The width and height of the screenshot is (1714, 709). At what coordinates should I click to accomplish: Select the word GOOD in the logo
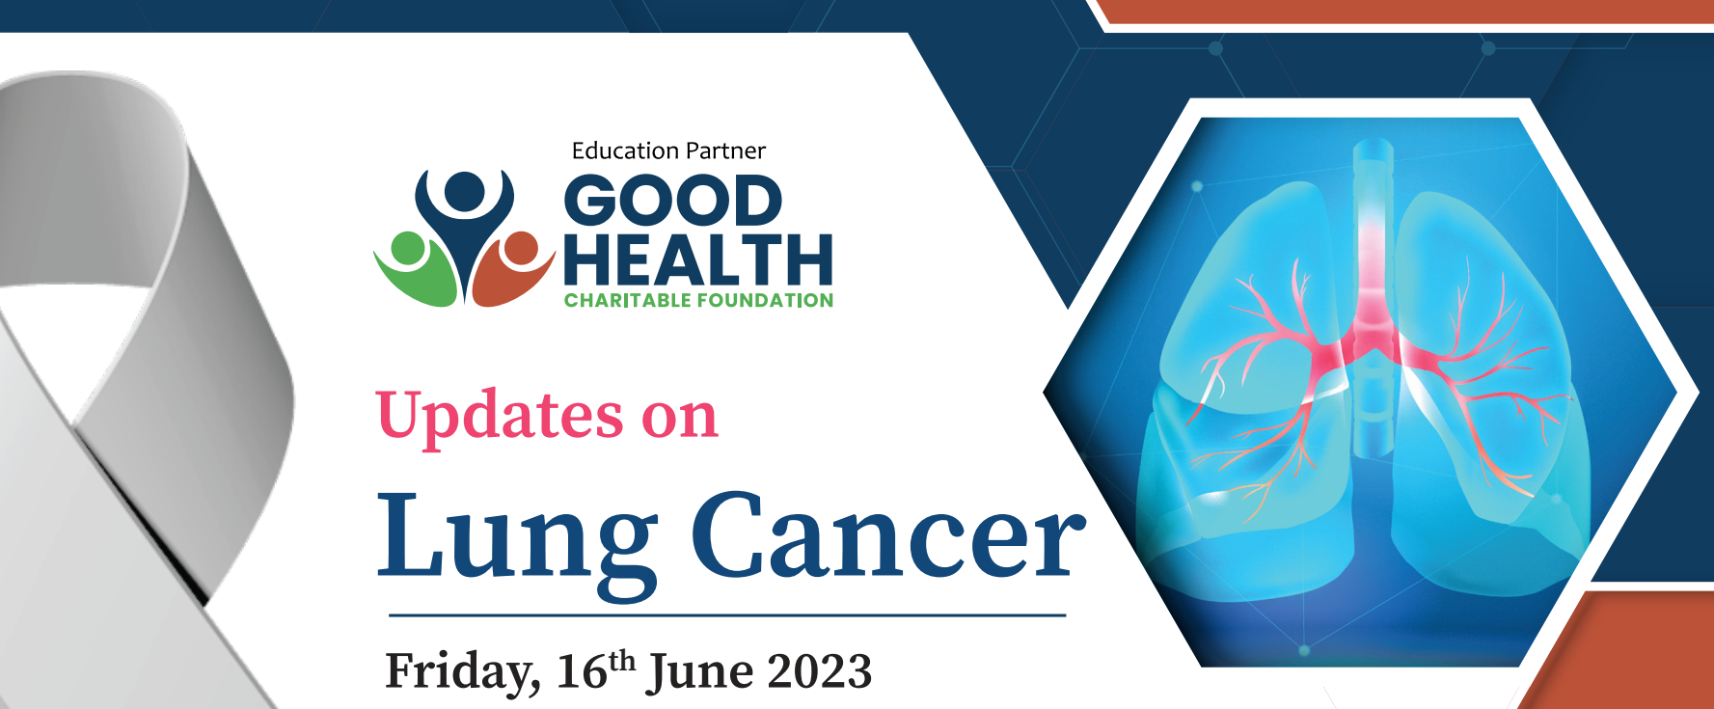coord(672,201)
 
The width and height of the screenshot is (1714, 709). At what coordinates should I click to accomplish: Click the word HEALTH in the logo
coord(698,259)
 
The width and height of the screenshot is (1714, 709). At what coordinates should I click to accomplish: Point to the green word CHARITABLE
coord(628,300)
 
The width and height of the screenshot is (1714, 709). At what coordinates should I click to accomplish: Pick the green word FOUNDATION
coord(766,300)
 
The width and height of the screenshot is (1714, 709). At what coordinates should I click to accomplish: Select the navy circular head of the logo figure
coord(465,191)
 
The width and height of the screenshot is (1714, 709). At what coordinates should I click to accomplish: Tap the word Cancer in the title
coord(888,535)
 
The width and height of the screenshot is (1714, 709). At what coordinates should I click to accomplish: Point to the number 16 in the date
coord(582,671)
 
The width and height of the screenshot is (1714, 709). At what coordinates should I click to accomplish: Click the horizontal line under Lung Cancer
coord(727,614)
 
